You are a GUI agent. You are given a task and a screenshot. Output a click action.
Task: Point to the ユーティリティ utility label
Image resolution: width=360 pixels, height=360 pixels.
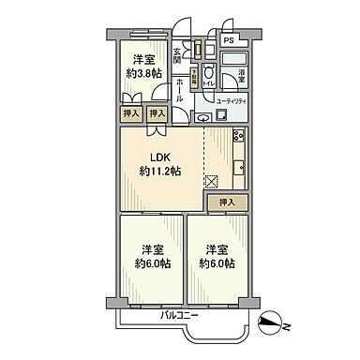pos(232,100)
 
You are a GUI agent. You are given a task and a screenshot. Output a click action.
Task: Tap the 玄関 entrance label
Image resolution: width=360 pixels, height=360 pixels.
pos(178,58)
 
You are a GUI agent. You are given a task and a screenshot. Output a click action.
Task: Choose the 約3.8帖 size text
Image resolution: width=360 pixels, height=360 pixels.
pos(144,72)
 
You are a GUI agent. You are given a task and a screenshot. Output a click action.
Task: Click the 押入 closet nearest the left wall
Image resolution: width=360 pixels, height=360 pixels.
pos(132,113)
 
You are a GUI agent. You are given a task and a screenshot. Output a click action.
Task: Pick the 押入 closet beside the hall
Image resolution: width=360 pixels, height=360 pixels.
pos(157,113)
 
